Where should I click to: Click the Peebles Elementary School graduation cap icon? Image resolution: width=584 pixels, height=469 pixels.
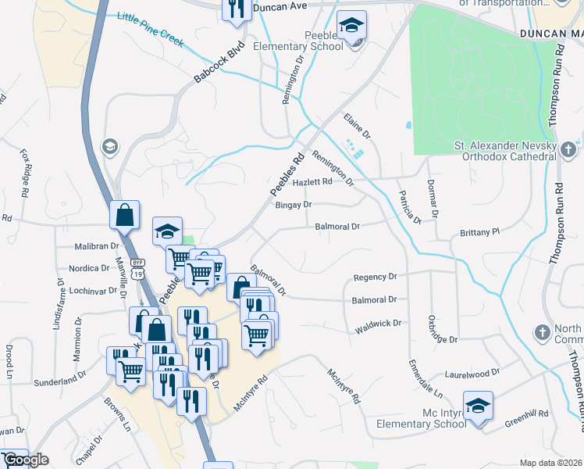coord(351,26)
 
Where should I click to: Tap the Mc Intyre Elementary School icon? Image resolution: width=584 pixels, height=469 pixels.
coord(478,406)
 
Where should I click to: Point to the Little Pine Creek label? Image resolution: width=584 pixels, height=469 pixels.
coord(150,28)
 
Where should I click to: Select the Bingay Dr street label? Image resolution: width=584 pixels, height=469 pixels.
coord(294,205)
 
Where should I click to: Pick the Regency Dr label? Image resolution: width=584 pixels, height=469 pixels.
coord(376,277)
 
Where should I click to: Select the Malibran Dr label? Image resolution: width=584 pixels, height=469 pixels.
coord(95,245)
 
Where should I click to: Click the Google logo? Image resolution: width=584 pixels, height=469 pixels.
coord(26,460)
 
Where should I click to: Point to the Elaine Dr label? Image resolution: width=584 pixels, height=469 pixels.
coord(357,126)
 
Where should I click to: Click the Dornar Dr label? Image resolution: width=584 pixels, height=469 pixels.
coord(433,199)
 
